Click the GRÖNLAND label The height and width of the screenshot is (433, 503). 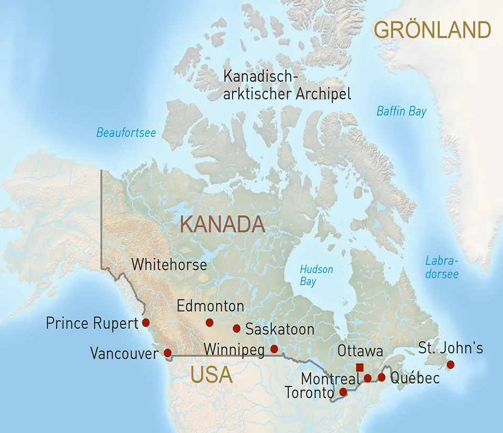pyautogui.click(x=433, y=30)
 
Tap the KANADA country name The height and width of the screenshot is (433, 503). pyautogui.click(x=222, y=224)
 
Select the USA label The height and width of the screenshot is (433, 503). pyautogui.click(x=211, y=375)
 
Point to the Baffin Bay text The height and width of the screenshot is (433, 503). pyautogui.click(x=401, y=111)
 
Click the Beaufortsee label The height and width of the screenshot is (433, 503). pyautogui.click(x=126, y=133)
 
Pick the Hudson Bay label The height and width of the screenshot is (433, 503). pyautogui.click(x=316, y=275)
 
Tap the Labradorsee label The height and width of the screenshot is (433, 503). pyautogui.click(x=442, y=267)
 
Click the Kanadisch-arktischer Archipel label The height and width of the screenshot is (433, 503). pyautogui.click(x=287, y=85)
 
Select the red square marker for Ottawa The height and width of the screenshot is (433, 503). pyautogui.click(x=359, y=367)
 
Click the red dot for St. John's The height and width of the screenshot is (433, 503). pyautogui.click(x=450, y=364)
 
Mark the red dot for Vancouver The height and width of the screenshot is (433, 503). pyautogui.click(x=168, y=353)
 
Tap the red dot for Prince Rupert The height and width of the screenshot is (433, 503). pyautogui.click(x=146, y=322)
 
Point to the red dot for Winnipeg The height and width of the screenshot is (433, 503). pyautogui.click(x=274, y=349)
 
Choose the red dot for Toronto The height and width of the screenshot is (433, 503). pyautogui.click(x=343, y=392)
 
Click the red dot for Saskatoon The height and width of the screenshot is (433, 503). pyautogui.click(x=236, y=329)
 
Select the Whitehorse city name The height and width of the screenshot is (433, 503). pyautogui.click(x=169, y=264)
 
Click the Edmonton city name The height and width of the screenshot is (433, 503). pyautogui.click(x=211, y=306)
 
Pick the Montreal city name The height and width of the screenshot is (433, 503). pyautogui.click(x=330, y=378)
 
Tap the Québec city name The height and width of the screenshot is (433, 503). pyautogui.click(x=415, y=378)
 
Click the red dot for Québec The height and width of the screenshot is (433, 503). pyautogui.click(x=381, y=377)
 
